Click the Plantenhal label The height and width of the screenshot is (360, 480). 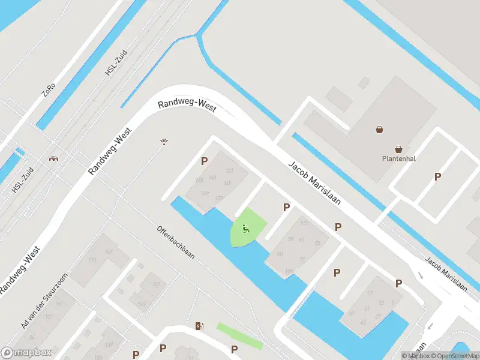coord(399,159)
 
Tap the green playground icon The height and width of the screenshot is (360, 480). coord(245,228)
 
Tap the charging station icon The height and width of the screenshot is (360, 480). coord(199,326)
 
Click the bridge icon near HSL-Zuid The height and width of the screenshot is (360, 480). coord(54,159)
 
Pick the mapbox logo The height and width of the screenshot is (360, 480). coord(26,353)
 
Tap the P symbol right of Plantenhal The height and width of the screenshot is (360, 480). coord(437,176)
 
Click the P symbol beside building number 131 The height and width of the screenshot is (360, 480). coord(205,161)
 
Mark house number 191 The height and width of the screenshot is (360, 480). coord(205,193)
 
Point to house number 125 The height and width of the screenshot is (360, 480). coord(304,223)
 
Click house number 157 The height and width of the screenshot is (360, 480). coord(109,251)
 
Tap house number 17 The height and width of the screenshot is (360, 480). coord(370,293)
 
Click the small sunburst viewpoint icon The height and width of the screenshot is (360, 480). coord(163,142)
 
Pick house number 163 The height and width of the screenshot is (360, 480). coord(212,178)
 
